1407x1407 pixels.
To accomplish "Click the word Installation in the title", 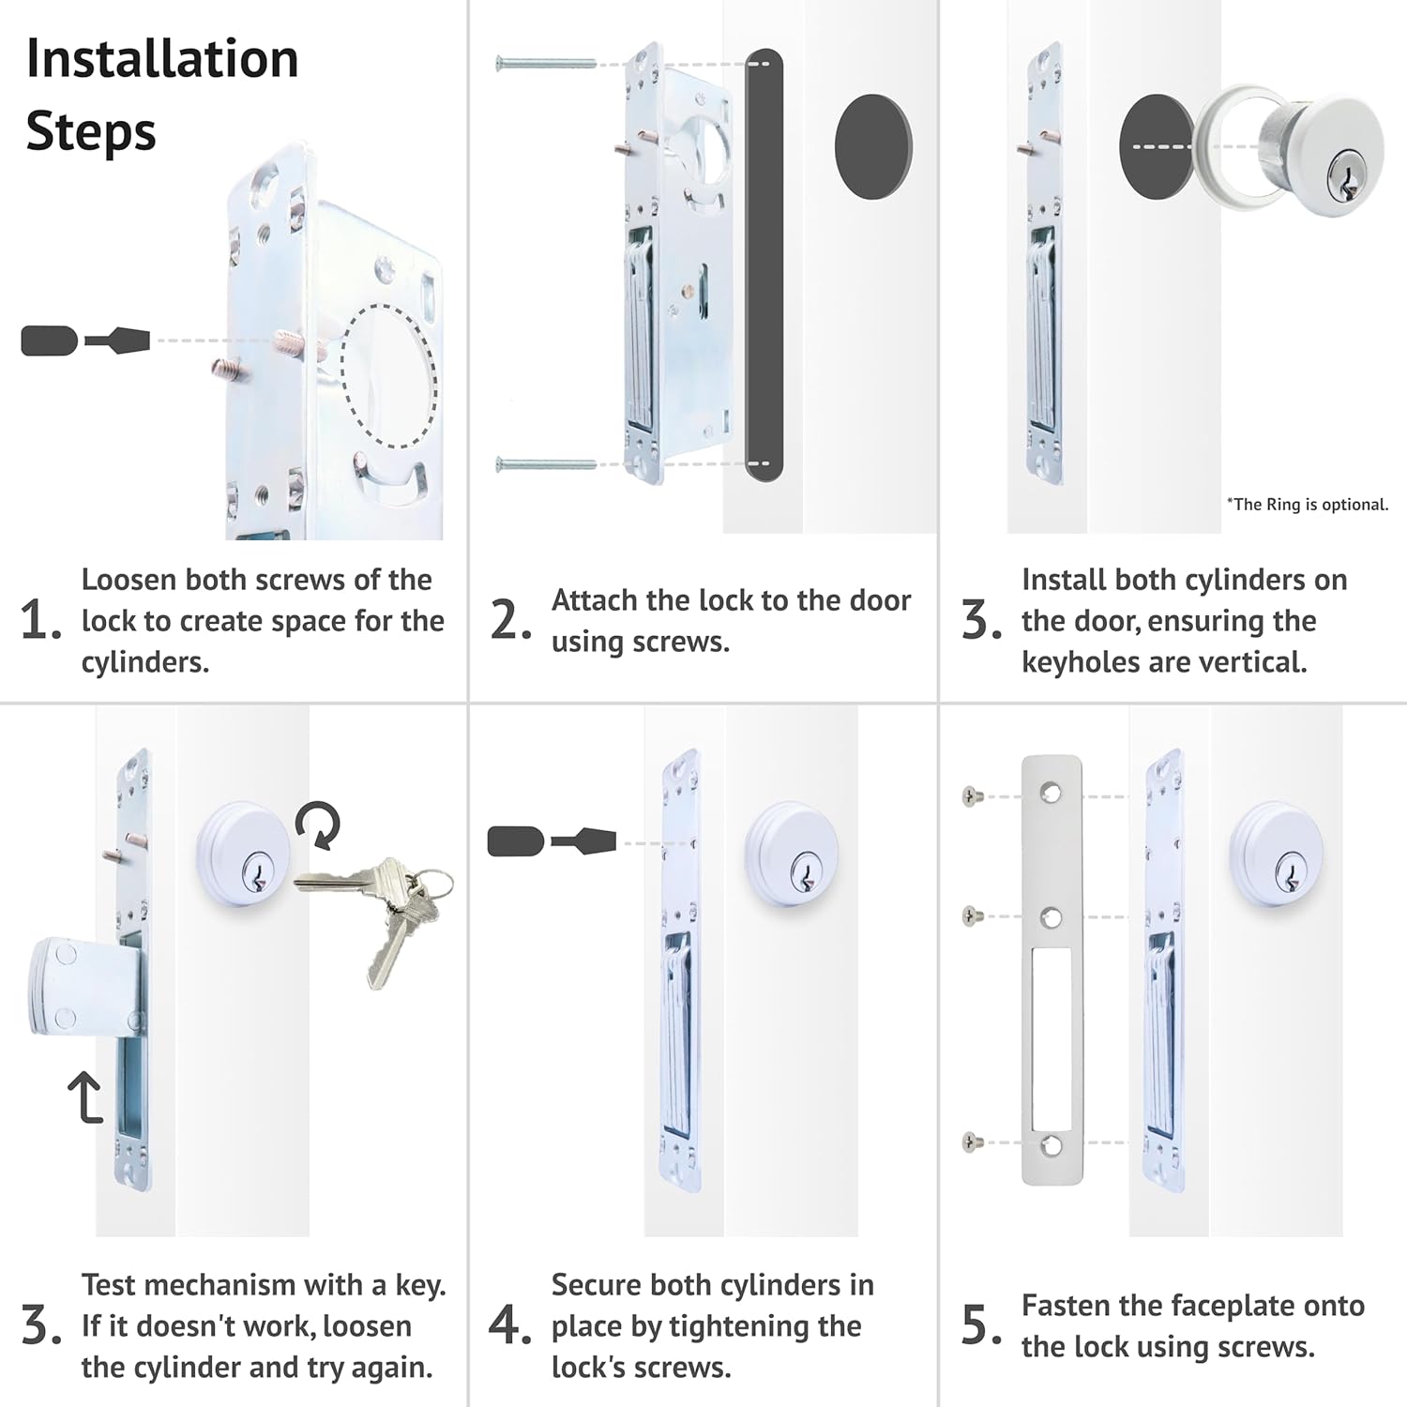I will point(162,59).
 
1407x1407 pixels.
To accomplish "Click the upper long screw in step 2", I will point(546,64).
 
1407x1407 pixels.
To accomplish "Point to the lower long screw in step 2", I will point(546,464).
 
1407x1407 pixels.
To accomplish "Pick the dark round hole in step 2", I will point(873,146).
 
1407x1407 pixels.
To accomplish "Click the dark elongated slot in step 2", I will point(764,265).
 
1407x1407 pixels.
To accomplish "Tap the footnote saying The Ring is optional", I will point(1307,505).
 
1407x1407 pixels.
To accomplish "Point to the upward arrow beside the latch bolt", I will point(85,1097).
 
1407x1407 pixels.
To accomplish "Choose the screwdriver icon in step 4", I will point(552,841).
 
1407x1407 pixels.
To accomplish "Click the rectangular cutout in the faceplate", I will point(1051,1037).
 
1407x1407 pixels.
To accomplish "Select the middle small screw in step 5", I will point(973,915).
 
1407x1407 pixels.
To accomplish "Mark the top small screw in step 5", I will point(973,797).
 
